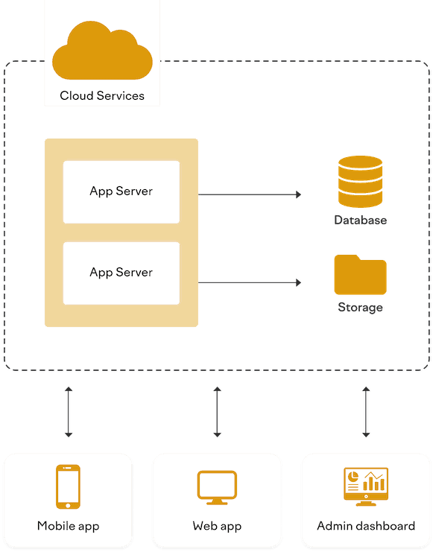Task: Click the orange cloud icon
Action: coord(102,51)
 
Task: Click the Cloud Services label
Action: coord(102,95)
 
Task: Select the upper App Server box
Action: coord(121,191)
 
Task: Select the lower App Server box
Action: coord(121,273)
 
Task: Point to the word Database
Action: coord(360,221)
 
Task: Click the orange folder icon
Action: coord(360,274)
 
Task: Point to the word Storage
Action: coord(360,308)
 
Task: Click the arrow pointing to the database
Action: coord(250,194)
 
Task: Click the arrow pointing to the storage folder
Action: coord(250,282)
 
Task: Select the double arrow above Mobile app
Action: coord(69,411)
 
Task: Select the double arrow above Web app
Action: coord(217,411)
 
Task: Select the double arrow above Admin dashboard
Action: coord(366,411)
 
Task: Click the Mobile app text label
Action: coord(68,526)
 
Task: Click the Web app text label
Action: coord(217,526)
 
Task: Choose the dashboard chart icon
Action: coord(365,486)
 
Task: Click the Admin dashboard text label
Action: coord(366,526)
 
